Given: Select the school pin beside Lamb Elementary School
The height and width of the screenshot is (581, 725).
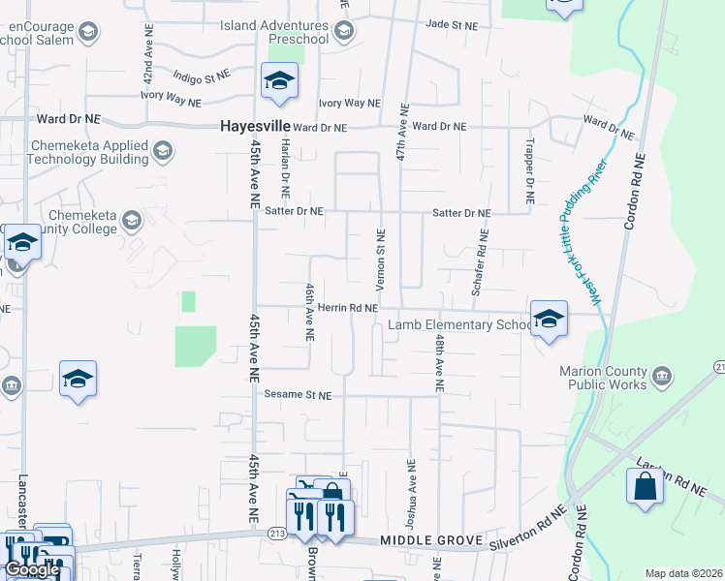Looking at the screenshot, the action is tap(549, 320).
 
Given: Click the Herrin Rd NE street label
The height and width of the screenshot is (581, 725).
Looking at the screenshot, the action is tap(347, 308).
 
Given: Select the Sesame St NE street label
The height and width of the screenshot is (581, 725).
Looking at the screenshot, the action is tap(298, 396).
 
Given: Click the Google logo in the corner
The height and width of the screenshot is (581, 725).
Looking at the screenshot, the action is tap(32, 569).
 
